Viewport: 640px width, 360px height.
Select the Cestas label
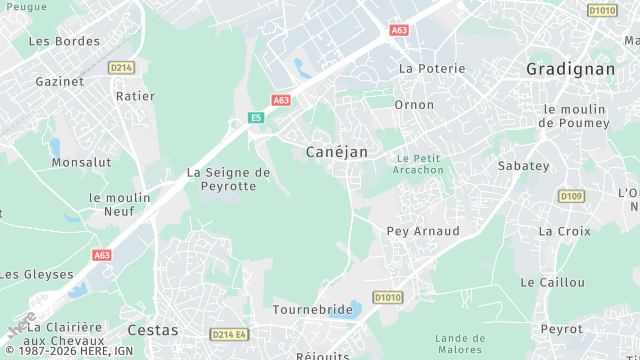tap(153, 329)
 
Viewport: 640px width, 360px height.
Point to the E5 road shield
tap(256, 118)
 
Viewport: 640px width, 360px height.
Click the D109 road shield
tap(571, 196)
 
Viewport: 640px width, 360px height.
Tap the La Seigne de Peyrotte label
tap(229, 179)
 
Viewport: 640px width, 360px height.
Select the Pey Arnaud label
tap(423, 231)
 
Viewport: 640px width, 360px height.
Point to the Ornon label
tap(414, 104)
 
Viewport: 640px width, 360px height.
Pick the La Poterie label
tap(432, 68)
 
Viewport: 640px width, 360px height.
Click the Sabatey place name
tap(524, 165)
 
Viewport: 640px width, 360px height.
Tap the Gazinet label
tap(60, 81)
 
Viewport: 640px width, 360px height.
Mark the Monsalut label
tap(81, 161)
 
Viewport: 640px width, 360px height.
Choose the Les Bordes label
tap(64, 41)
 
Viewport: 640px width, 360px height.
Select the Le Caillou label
tap(553, 282)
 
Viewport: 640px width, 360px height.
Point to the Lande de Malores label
tap(461, 344)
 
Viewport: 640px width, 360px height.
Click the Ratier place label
tap(136, 96)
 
